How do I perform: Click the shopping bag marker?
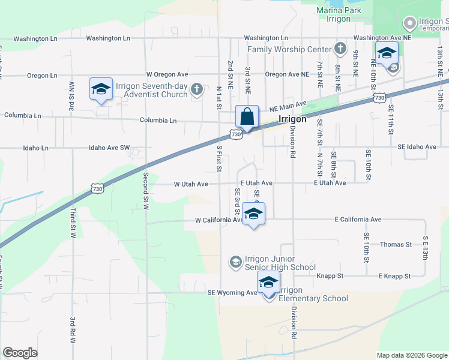click(x=247, y=117)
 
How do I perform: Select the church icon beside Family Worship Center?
click(x=340, y=48)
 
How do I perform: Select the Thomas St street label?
click(x=396, y=245)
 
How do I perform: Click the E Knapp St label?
click(x=394, y=276)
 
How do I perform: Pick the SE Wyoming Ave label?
click(x=232, y=293)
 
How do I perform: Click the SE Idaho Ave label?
click(x=417, y=146)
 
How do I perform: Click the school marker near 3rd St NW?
click(x=101, y=90)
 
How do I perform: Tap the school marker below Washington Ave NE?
click(x=387, y=53)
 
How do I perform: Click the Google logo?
click(x=20, y=352)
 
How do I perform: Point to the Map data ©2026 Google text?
click(x=412, y=355)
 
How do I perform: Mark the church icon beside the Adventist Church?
click(x=196, y=90)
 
